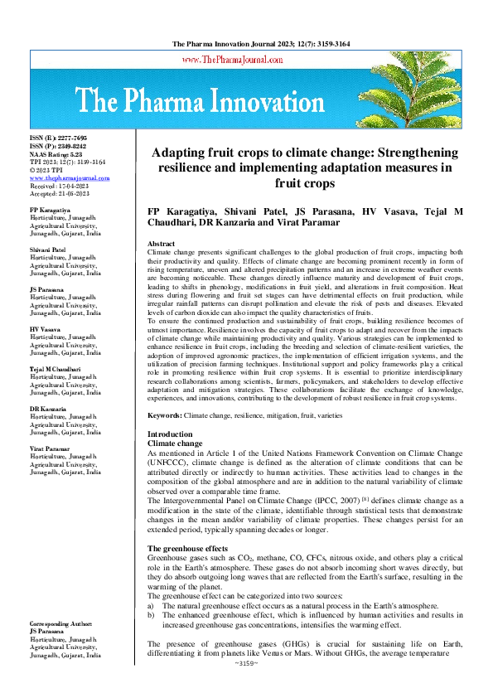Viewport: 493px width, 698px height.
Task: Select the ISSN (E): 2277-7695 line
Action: click(58, 136)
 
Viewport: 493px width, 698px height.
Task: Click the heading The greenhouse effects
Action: click(188, 550)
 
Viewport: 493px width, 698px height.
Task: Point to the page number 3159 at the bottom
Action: click(247, 687)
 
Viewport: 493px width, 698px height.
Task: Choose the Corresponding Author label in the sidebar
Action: click(62, 623)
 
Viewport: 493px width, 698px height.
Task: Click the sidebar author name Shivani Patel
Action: click(48, 250)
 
